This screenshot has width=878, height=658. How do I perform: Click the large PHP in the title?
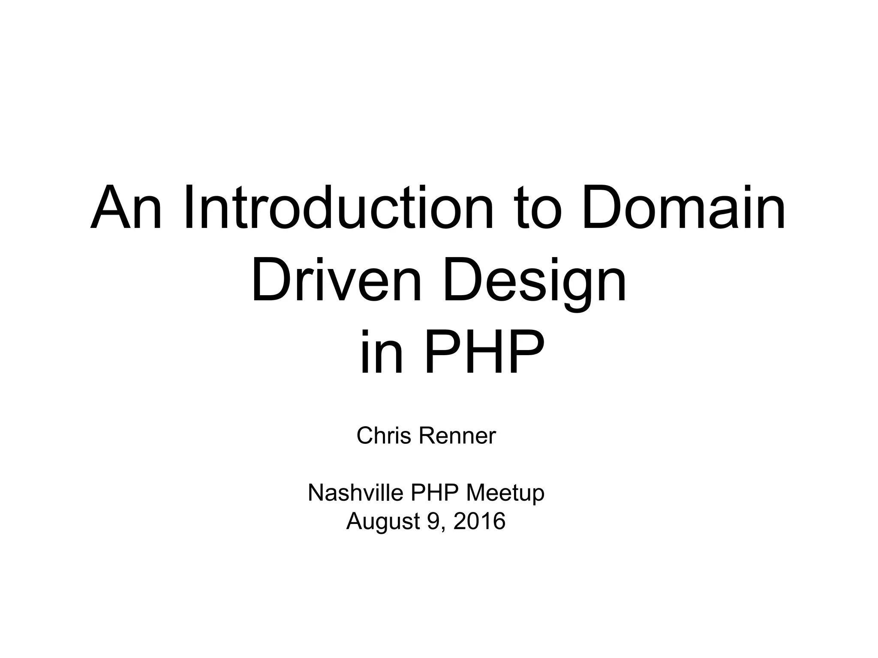click(x=484, y=352)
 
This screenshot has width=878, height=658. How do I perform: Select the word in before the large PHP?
click(x=382, y=352)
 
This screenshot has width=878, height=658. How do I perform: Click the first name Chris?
click(x=384, y=436)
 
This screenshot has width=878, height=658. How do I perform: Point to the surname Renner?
click(x=457, y=436)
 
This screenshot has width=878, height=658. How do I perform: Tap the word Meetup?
click(x=505, y=493)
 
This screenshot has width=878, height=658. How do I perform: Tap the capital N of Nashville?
click(x=315, y=493)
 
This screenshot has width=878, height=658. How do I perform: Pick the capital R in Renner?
click(x=425, y=436)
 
